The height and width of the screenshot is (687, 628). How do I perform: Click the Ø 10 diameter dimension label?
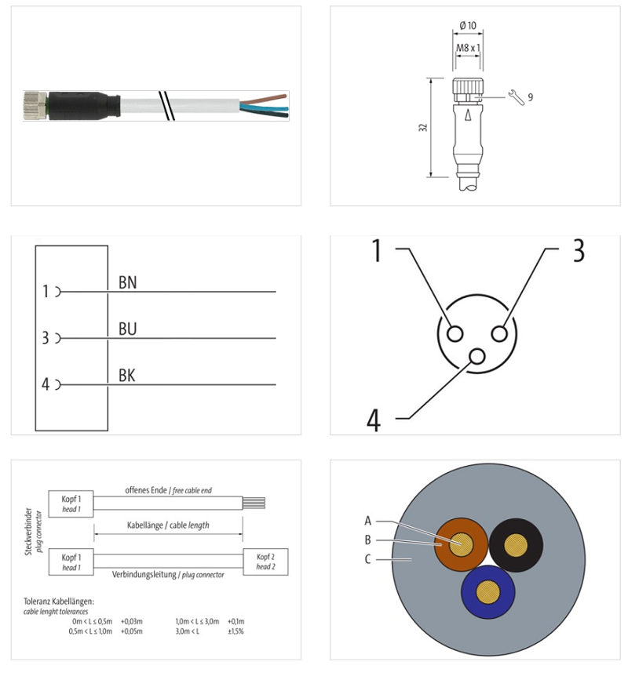coord(468,25)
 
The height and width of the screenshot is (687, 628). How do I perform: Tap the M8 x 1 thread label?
coord(468,47)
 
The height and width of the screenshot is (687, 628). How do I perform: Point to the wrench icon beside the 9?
coord(517,97)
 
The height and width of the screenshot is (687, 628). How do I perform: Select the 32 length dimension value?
coord(423,128)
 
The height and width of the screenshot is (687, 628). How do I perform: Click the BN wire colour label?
coord(128,282)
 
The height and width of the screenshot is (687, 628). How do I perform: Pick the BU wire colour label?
coord(128,329)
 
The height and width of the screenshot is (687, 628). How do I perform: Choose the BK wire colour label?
coord(127,376)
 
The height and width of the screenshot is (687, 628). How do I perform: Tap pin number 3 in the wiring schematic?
coord(46,338)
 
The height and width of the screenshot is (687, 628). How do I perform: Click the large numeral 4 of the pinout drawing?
coord(374,420)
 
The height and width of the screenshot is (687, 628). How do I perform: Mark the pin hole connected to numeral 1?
coord(455,334)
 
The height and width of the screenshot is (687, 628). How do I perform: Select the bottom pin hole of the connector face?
coord(476,357)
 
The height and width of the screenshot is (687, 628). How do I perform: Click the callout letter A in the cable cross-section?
coord(368,521)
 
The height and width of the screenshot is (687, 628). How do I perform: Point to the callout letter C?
coord(368,559)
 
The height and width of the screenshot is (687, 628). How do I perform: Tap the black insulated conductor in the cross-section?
coord(516,545)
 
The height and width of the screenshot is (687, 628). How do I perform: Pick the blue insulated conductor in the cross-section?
coord(487,591)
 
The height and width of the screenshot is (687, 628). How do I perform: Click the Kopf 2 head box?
coord(266,562)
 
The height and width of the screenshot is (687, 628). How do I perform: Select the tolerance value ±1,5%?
coord(235,631)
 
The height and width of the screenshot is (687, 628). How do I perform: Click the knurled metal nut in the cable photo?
coord(35,106)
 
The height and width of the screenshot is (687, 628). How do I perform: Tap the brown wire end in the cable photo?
coord(263,98)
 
